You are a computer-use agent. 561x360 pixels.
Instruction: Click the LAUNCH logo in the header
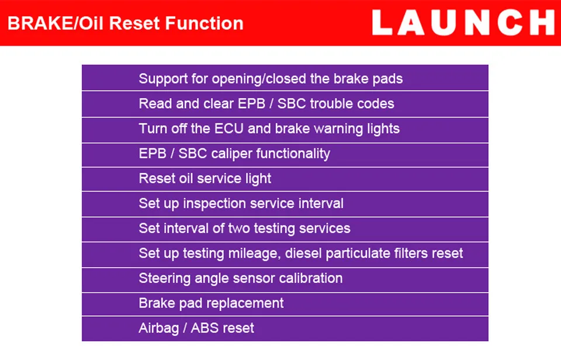pos(463,23)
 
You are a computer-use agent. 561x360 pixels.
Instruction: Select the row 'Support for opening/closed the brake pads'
pos(271,78)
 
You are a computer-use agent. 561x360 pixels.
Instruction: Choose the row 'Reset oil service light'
pos(205,178)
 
